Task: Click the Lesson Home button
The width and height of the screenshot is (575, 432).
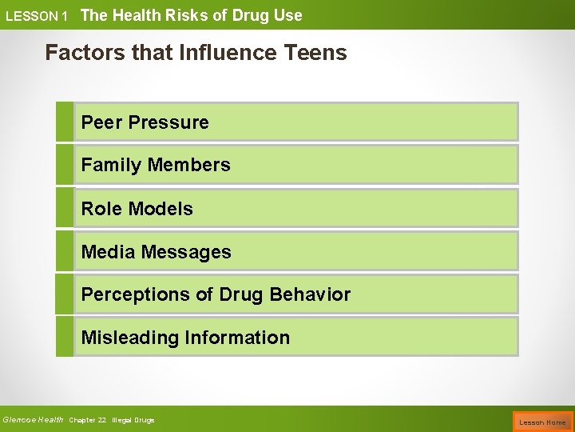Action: coord(542,422)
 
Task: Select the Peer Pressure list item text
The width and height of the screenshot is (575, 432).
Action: coord(145,122)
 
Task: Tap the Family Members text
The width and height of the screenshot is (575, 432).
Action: coord(156,165)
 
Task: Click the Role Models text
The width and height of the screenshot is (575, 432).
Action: coord(137,209)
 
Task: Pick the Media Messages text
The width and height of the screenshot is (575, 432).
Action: coord(156,252)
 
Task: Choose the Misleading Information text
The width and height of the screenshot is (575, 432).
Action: coord(185,338)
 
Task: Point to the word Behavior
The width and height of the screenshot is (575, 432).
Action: coord(310,294)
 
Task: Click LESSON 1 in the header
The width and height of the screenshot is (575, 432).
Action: coord(37,16)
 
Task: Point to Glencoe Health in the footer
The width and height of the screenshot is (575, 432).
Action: coord(33,420)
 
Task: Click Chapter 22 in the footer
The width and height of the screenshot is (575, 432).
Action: coord(87,420)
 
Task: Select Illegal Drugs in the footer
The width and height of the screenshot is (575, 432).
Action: coord(133,420)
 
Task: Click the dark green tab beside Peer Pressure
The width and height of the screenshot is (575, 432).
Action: coord(64,122)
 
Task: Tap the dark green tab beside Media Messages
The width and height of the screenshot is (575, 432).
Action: coord(64,251)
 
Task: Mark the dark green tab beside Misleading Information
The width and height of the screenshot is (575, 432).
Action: coord(64,337)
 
